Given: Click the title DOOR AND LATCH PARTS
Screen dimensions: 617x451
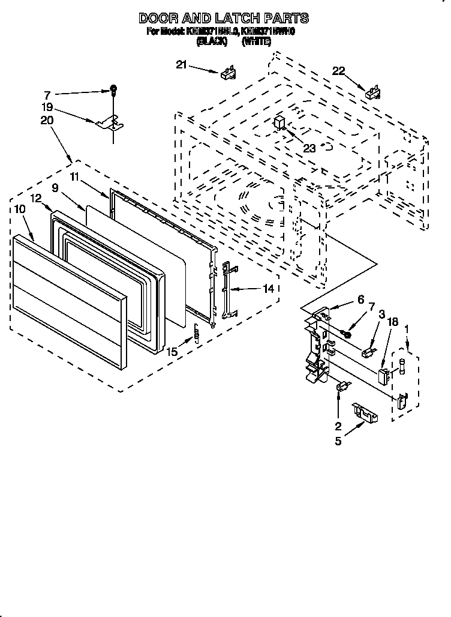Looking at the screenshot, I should pos(224,18).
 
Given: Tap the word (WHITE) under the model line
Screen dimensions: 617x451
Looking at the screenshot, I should pos(257,41).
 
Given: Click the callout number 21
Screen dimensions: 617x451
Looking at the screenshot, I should pos(182,65).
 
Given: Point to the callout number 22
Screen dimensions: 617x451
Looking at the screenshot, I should pos(339,71).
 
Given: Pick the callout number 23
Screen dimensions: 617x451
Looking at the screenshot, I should pos(309,148).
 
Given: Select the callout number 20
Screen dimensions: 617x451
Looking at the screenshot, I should pos(47,120).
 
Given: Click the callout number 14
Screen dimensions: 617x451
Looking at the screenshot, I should pos(269,288).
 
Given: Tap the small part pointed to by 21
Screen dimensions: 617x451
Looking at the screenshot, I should pos(228,73).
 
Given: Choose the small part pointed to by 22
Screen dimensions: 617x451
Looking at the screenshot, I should pos(373,92).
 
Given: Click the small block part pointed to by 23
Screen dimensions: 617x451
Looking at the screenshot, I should pos(279,123).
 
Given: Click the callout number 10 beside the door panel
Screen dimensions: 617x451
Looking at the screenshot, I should pos(19,209).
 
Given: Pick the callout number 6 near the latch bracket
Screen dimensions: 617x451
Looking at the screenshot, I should pos(360,299).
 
